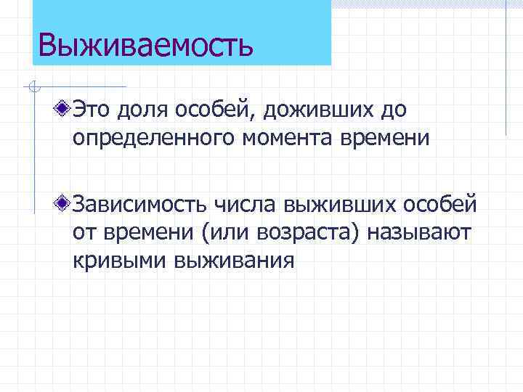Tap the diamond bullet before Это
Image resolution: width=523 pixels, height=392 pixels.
(x=65, y=110)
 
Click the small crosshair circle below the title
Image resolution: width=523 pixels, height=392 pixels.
(x=32, y=88)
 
